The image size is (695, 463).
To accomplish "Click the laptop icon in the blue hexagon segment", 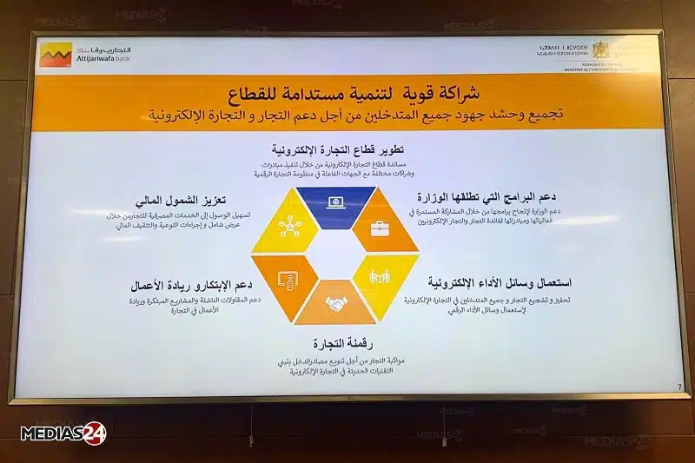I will [x=335, y=203].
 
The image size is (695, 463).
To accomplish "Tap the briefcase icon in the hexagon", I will [x=380, y=229].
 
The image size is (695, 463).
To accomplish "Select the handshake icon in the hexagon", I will [x=335, y=304].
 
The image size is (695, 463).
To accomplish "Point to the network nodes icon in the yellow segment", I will [x=289, y=228].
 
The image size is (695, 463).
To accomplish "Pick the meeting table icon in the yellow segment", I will [x=381, y=278].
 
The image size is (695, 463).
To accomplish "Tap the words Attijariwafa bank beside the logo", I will [x=103, y=60].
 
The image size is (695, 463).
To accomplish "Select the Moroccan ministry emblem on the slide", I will [x=602, y=50].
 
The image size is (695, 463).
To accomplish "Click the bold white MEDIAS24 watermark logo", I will [x=63, y=433].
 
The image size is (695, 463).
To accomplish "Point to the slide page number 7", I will [x=678, y=387].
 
